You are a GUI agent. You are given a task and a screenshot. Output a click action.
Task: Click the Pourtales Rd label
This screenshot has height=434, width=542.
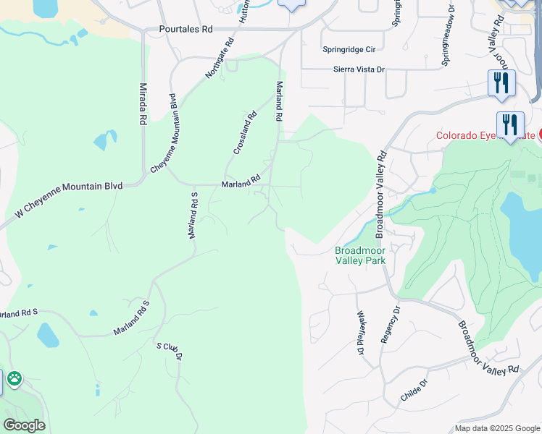(186, 30)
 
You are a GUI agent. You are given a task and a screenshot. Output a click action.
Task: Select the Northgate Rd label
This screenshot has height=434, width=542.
(220, 59)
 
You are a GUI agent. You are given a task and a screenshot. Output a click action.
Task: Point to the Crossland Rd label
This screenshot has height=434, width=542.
(246, 132)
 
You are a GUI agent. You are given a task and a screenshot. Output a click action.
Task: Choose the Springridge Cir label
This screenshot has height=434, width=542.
(349, 50)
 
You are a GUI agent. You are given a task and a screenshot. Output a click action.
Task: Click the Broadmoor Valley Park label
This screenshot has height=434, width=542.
(359, 255)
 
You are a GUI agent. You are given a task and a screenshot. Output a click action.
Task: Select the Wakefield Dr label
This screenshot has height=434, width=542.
(360, 333)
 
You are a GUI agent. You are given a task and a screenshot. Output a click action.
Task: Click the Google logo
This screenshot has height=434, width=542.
(24, 425)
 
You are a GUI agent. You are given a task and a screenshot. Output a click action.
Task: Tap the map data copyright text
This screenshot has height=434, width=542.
(497, 428)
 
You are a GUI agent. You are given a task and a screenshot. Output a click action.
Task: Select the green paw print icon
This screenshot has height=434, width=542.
(14, 378)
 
